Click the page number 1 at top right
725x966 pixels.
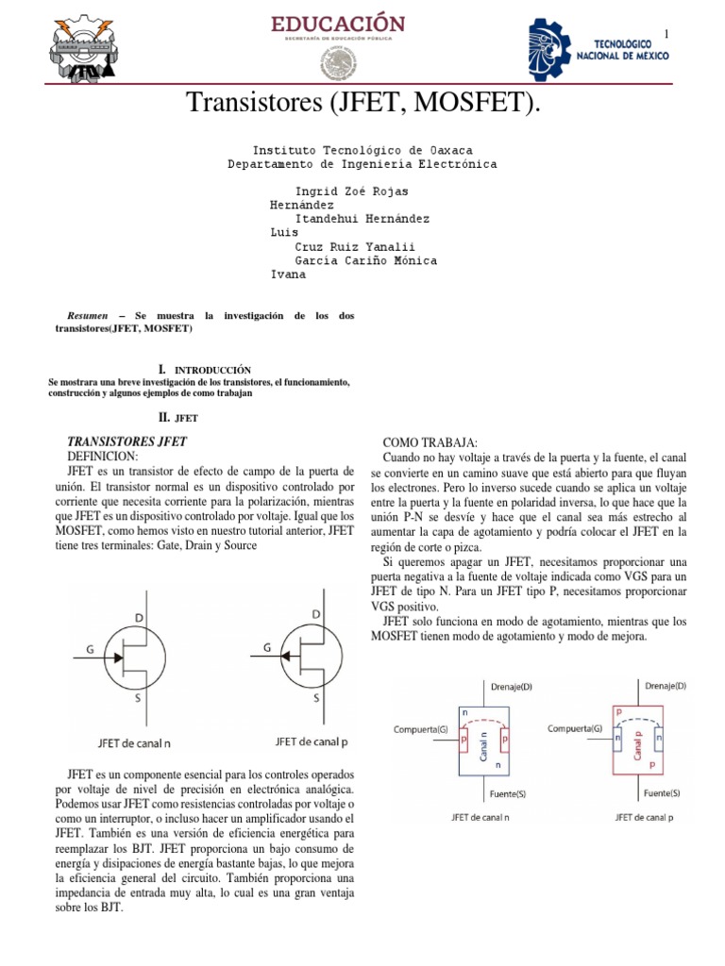(x=666, y=35)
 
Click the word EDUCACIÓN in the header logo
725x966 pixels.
(x=338, y=24)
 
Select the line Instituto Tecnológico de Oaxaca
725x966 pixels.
(x=362, y=150)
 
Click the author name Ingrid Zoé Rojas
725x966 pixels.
(x=352, y=192)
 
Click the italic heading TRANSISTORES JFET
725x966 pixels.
(x=126, y=441)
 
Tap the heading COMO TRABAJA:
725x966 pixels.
(x=430, y=443)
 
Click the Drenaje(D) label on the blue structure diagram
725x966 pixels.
(x=510, y=687)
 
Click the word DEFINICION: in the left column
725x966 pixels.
(x=103, y=456)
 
